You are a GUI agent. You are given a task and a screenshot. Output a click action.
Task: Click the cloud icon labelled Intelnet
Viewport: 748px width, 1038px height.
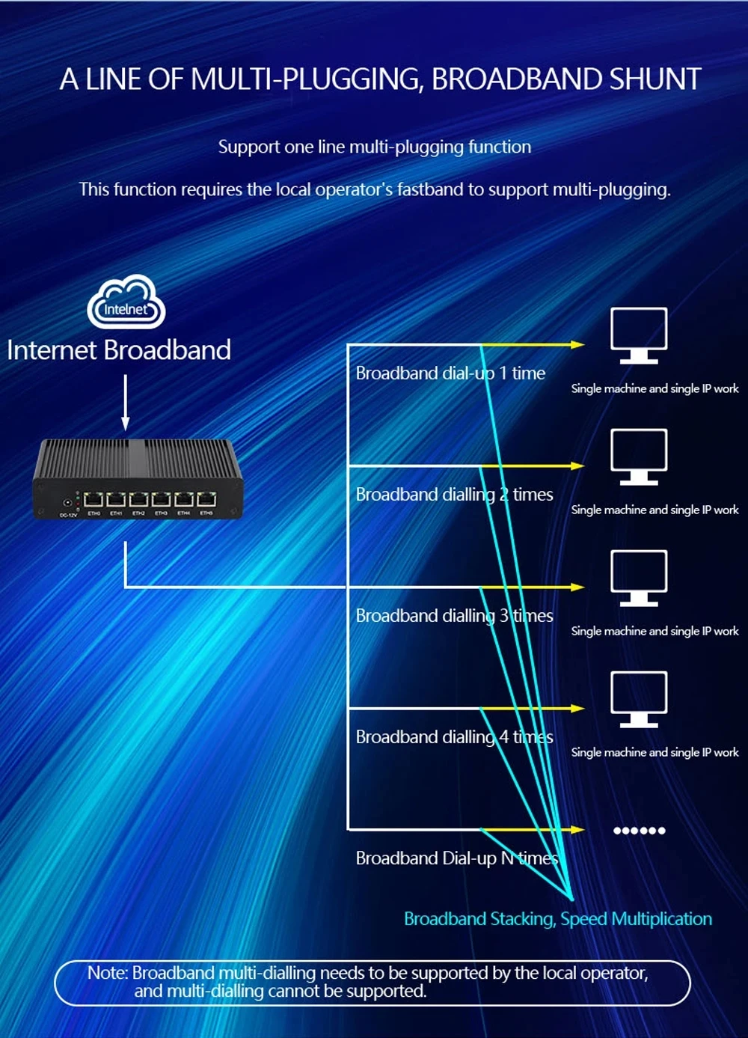(126, 302)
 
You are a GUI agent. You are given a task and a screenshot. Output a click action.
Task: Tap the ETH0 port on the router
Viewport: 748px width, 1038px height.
(94, 500)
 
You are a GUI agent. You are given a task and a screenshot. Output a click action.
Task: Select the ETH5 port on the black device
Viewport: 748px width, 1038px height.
(206, 500)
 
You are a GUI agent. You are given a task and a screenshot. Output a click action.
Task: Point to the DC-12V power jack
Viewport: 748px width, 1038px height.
(67, 503)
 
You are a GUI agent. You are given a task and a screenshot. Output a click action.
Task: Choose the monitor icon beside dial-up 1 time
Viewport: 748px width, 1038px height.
(639, 335)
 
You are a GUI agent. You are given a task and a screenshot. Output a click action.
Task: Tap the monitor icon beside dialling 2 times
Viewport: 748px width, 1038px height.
(639, 457)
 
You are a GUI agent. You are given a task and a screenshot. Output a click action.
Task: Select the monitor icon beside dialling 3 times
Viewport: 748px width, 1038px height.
(639, 578)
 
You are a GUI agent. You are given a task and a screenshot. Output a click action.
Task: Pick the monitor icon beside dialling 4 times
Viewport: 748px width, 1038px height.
(639, 699)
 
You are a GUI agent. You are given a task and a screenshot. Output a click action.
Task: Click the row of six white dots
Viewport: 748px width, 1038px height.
(639, 830)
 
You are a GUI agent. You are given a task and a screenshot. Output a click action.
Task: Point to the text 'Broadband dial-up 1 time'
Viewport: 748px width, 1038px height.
(450, 373)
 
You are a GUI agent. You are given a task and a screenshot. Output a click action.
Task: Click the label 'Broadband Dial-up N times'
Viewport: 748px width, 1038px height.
(456, 858)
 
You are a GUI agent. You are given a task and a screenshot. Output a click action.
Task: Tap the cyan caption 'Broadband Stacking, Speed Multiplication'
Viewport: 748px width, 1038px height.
(558, 918)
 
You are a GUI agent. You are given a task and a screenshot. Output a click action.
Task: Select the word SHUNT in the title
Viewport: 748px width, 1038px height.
(655, 79)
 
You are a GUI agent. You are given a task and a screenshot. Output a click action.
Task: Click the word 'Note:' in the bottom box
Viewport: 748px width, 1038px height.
(108, 973)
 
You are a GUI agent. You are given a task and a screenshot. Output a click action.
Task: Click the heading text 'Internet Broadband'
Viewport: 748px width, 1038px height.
(119, 350)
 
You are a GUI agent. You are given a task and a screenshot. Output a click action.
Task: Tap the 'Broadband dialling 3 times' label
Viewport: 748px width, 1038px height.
(454, 615)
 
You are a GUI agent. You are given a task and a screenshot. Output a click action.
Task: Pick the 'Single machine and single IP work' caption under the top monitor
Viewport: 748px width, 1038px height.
(654, 388)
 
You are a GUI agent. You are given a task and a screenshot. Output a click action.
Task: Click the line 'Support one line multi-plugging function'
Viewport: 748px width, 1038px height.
(375, 147)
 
